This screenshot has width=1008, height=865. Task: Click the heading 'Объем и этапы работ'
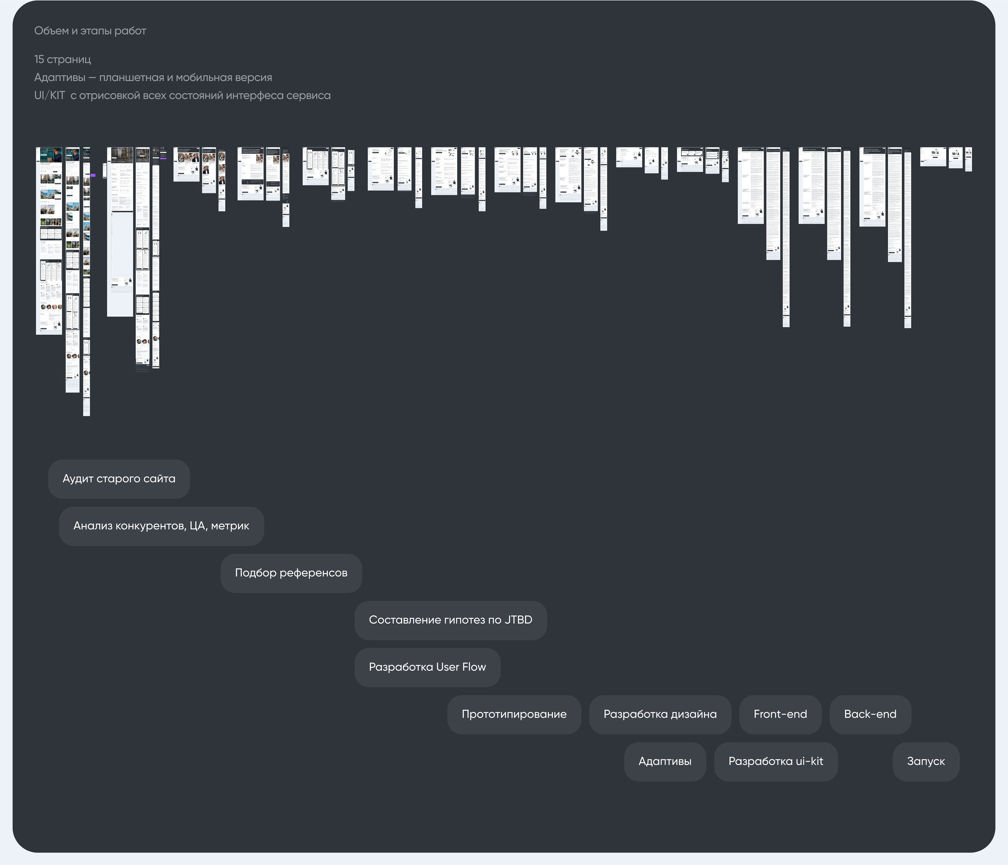click(90, 31)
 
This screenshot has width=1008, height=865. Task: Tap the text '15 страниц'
click(62, 59)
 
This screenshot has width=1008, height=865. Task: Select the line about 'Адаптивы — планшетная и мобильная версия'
click(153, 77)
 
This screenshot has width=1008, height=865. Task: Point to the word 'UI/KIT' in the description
click(49, 95)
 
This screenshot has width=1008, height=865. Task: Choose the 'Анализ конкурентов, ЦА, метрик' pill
click(161, 526)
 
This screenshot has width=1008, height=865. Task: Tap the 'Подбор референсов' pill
click(291, 573)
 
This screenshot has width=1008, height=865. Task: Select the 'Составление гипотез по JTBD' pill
click(450, 620)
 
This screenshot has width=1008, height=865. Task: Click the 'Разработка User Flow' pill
click(427, 667)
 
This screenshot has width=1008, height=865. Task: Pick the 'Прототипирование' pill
click(514, 714)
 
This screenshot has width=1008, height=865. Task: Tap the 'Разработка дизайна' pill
click(660, 714)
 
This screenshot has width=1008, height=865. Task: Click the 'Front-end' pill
click(780, 714)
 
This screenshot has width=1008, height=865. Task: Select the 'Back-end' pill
click(870, 714)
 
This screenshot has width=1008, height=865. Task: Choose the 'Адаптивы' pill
click(665, 761)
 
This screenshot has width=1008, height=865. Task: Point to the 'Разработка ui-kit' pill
click(776, 761)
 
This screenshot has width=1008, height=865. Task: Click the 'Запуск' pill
click(925, 761)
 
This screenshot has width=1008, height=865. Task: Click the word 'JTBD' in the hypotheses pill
click(518, 620)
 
